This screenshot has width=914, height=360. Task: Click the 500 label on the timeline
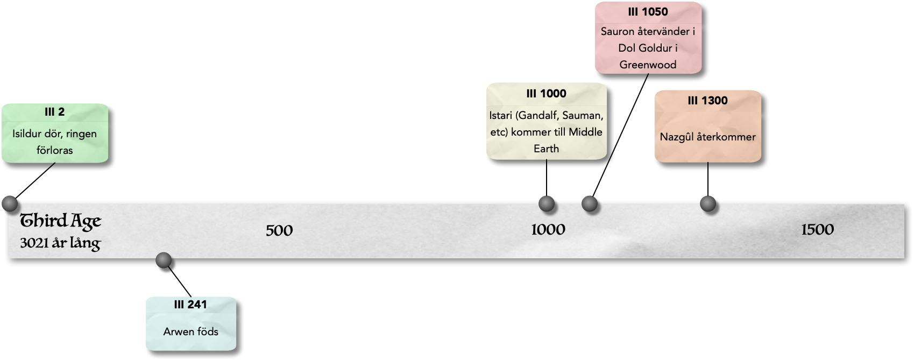[279, 231]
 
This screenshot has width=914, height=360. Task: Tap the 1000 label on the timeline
[548, 230]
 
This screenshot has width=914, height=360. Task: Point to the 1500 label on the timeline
[817, 230]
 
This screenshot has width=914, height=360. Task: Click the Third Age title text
[60, 221]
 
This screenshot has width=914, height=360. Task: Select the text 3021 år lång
[60, 244]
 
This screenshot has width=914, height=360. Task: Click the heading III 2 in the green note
[54, 112]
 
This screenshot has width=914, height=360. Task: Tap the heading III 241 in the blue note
[190, 305]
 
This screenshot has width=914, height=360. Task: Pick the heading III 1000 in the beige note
[546, 94]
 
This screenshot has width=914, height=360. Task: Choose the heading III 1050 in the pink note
[648, 12]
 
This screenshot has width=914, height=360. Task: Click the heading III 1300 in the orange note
[707, 101]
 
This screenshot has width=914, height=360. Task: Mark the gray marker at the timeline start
[10, 203]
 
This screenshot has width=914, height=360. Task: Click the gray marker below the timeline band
[163, 260]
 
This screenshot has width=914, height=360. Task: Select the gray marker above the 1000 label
[546, 203]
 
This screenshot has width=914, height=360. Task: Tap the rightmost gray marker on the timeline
[707, 203]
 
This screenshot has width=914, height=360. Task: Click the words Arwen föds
[190, 331]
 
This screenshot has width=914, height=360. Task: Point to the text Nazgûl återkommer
[707, 137]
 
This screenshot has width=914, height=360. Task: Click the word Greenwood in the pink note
[648, 65]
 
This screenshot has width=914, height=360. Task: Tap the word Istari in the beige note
[501, 115]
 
